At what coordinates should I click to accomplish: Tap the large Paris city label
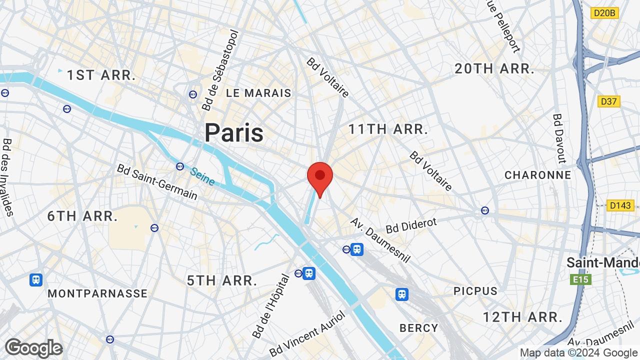coord(234,133)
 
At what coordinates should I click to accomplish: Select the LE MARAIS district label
coord(258,93)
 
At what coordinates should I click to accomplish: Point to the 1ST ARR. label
coord(101,75)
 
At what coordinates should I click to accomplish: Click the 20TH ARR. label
coord(494,69)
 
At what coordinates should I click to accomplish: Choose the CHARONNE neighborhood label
coord(537,175)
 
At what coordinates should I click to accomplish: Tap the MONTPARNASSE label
coord(97,293)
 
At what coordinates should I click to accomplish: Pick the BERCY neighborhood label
coord(418,328)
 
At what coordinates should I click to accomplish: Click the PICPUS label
coord(475,291)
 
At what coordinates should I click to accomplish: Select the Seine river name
coord(202,176)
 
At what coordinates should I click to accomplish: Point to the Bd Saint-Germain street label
coord(157,181)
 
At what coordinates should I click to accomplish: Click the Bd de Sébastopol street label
coord(220,70)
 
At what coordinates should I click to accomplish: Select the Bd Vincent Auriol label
coord(307,334)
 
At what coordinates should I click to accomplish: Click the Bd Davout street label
coord(558,138)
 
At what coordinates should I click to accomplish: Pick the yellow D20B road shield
coord(604,13)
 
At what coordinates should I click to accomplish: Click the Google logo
coord(33,348)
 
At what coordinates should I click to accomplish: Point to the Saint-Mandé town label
coord(603,263)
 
